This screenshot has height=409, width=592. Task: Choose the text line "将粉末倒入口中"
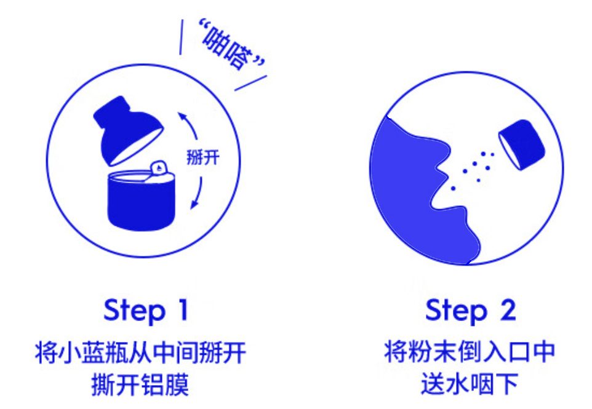coord(470,352)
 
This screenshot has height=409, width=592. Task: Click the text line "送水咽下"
coord(470,384)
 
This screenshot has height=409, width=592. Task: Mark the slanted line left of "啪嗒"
coord(182,36)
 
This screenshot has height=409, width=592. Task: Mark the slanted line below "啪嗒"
coord(251,83)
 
